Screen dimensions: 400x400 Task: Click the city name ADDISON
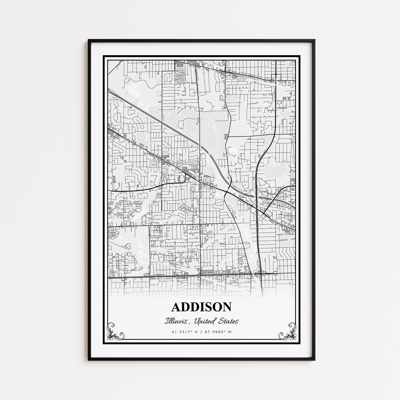(x=201, y=307)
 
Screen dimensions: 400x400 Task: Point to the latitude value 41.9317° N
(x=184, y=331)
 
